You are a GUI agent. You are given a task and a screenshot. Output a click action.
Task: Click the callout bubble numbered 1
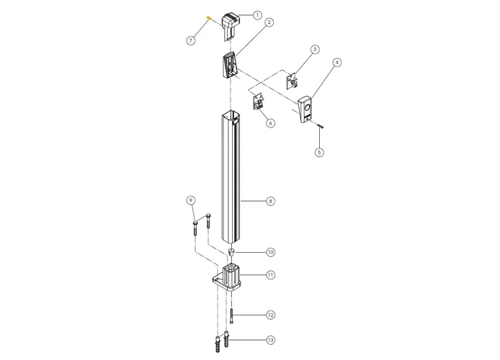(x=258, y=14)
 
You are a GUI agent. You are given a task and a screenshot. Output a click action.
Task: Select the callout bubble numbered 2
(x=268, y=22)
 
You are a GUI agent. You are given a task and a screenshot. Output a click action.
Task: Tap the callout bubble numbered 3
(x=314, y=50)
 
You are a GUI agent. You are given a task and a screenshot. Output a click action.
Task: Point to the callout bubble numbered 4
(x=336, y=63)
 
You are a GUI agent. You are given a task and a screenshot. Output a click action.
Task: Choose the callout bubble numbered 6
(x=270, y=123)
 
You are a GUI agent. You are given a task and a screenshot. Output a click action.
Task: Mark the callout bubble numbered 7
(x=191, y=41)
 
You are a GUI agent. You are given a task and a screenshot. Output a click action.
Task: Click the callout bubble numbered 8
(x=270, y=202)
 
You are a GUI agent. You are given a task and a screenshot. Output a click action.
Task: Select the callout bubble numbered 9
(x=191, y=199)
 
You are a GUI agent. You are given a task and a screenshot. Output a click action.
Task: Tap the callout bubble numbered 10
(x=270, y=252)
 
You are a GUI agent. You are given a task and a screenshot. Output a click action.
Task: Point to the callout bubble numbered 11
(x=270, y=274)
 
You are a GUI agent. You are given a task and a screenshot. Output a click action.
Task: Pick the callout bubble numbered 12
(x=270, y=315)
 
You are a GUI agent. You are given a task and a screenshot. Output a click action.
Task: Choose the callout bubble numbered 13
(x=270, y=339)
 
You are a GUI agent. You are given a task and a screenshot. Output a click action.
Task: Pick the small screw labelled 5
(x=320, y=126)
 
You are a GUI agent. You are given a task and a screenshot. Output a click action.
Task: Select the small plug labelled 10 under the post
(x=232, y=252)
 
